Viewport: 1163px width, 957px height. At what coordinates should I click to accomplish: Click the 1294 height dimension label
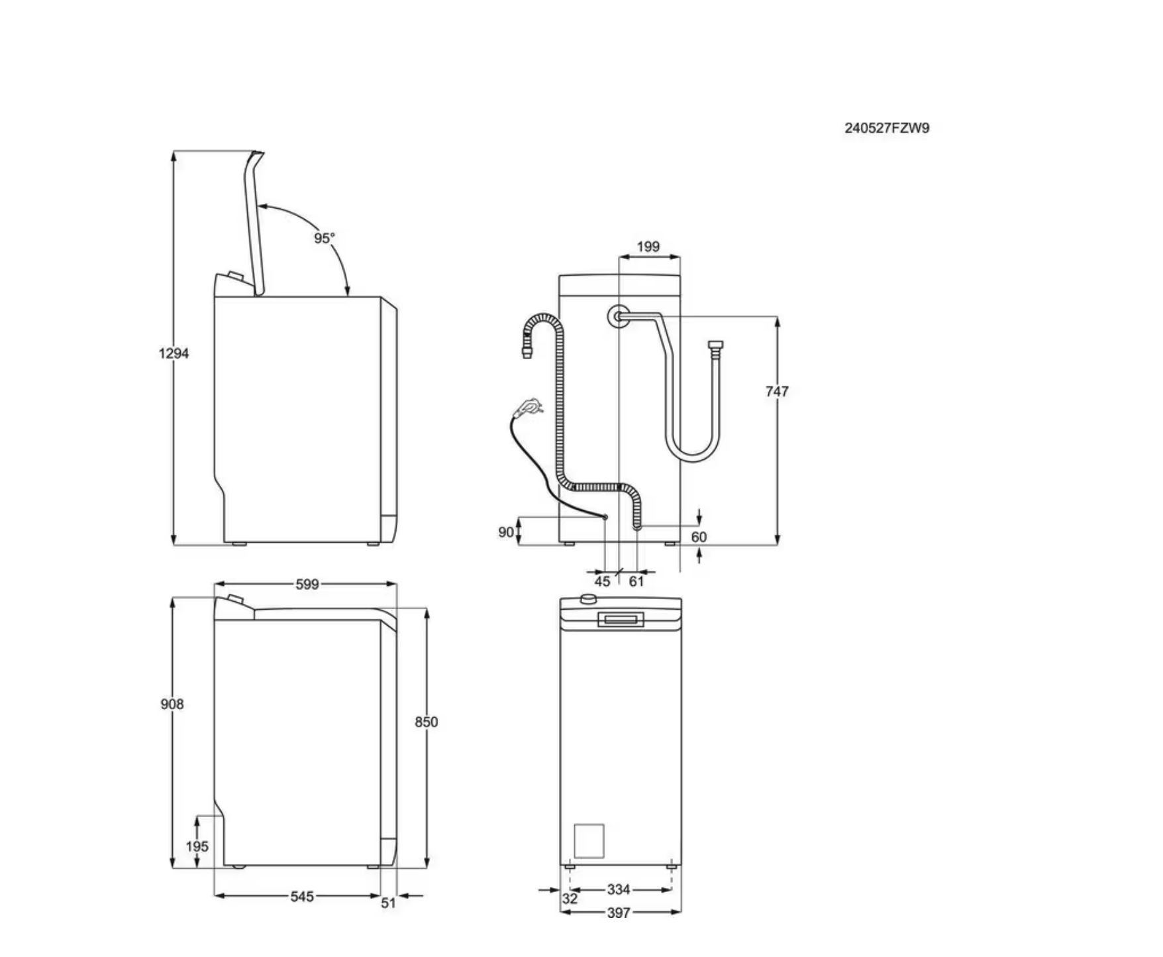tap(174, 353)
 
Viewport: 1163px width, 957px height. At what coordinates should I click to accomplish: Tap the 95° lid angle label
tap(325, 238)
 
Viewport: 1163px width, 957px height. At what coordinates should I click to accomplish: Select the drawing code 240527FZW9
tap(886, 128)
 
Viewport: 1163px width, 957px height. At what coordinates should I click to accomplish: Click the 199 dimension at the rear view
tap(648, 247)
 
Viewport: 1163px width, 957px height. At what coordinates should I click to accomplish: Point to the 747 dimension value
tap(777, 392)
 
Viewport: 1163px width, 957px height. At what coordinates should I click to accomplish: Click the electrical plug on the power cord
tap(531, 406)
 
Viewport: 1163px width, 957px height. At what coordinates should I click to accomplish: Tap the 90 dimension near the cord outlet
tap(505, 532)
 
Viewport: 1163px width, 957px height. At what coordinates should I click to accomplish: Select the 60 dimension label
tap(699, 537)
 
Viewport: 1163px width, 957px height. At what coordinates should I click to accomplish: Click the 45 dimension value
tap(602, 581)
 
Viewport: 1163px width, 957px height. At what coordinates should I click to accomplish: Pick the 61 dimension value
tap(636, 581)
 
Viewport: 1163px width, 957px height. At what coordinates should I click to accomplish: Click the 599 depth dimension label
tap(307, 584)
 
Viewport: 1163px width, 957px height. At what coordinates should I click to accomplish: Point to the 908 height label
tap(172, 704)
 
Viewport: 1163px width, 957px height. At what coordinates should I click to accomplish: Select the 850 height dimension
tap(427, 722)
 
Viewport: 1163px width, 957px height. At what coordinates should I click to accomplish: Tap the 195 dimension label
tap(197, 846)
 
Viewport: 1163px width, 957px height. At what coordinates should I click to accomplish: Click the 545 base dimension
tap(302, 897)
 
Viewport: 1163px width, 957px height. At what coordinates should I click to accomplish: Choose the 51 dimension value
tap(388, 903)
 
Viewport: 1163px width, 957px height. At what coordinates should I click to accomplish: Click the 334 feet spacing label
tap(618, 889)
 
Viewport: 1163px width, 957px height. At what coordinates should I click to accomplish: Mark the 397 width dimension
tap(618, 913)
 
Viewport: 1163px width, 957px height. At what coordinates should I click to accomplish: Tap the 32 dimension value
tap(570, 899)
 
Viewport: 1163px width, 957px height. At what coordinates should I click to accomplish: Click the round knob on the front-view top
tap(587, 599)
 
